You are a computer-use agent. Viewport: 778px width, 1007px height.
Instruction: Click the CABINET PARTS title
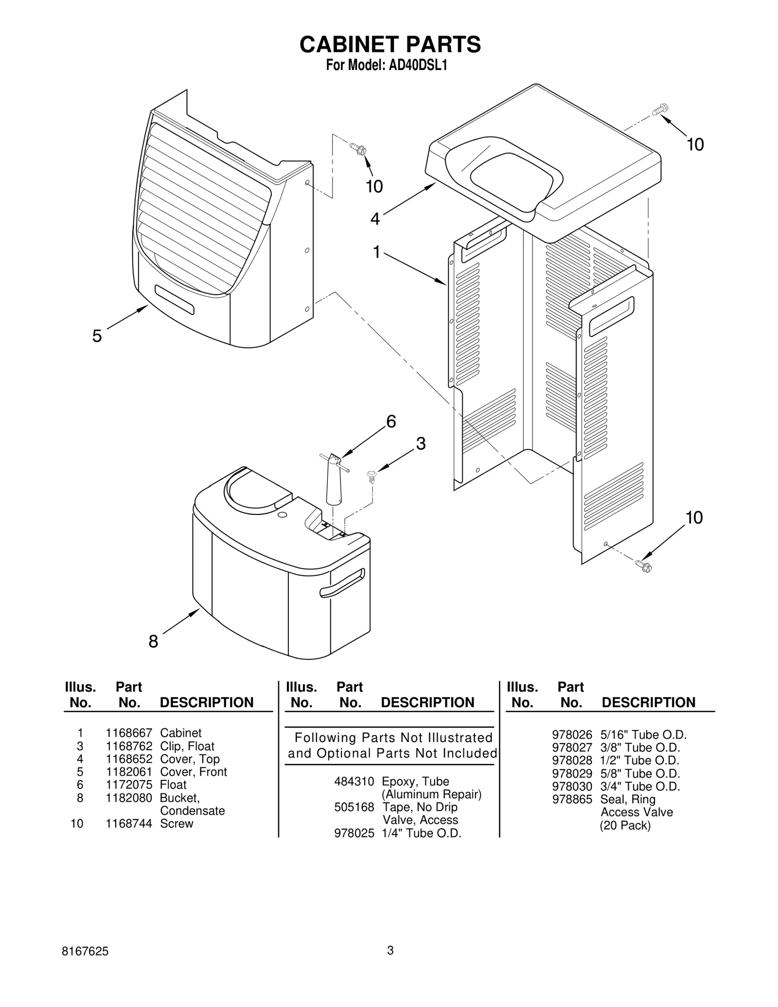pos(390,44)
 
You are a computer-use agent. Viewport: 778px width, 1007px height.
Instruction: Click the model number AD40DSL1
pos(418,66)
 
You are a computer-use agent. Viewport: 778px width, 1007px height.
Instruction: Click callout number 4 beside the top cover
pos(374,219)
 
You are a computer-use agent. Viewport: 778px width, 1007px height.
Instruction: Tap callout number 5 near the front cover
pos(97,336)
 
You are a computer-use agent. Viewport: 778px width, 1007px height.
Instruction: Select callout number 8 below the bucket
pos(153,642)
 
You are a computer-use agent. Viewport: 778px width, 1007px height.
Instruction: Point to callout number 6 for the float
pos(391,421)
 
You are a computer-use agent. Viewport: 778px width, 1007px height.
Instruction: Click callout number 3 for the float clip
pos(421,443)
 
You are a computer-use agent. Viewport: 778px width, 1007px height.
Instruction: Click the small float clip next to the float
pos(372,476)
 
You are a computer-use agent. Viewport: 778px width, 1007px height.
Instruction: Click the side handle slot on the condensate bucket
pos(342,583)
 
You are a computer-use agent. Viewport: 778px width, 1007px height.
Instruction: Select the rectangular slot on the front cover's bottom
pos(175,300)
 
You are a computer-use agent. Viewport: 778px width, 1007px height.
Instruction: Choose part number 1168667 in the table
pos(129,733)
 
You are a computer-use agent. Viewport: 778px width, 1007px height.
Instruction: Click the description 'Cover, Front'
pos(194,772)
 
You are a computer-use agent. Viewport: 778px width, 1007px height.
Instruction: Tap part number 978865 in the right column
pos(572,799)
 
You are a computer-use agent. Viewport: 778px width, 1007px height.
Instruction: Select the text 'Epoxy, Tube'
pos(415,781)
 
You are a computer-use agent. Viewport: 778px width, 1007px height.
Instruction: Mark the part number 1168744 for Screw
pos(129,824)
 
